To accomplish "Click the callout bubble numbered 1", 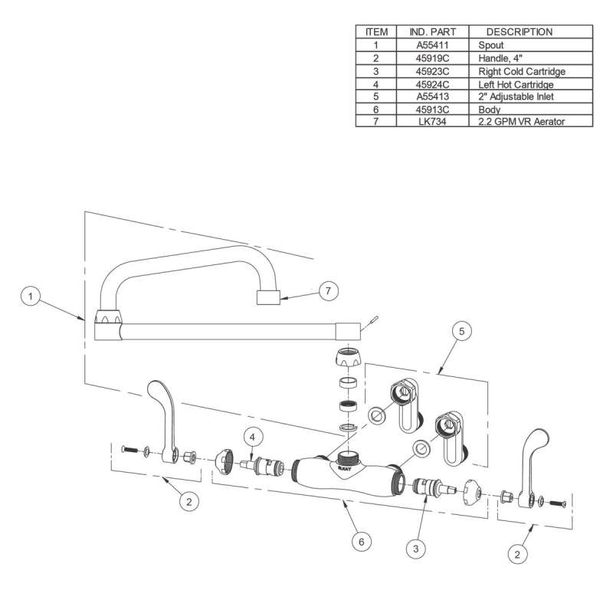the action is (31, 297).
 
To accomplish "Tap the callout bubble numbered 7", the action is (328, 291).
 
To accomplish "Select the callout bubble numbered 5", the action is (462, 331).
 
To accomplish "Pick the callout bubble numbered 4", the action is (252, 438).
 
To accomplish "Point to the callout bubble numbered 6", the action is (361, 542).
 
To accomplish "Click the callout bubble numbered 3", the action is (416, 549).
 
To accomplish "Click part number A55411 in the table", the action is (432, 45).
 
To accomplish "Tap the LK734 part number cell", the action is (432, 122).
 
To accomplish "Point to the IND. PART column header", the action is (432, 32).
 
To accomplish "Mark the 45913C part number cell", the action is (432, 110).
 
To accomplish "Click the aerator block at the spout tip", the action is (268, 297).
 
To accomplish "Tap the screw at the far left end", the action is (129, 450).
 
